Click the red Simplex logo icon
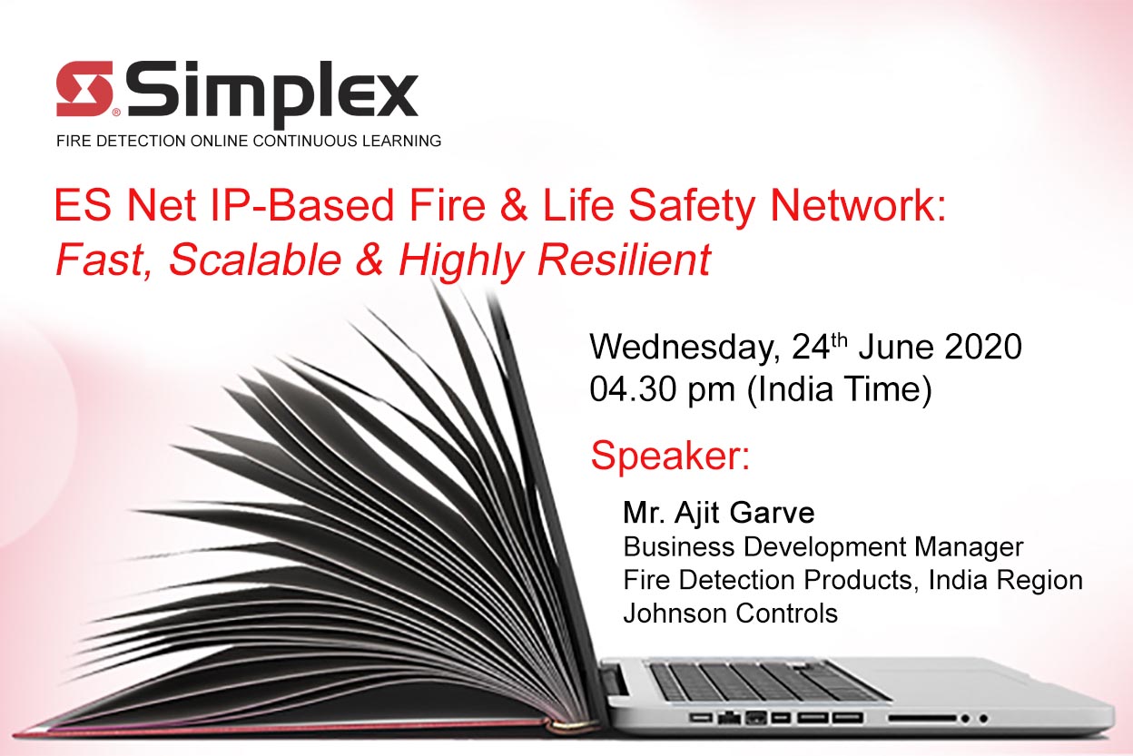click(x=84, y=89)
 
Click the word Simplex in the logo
click(x=272, y=94)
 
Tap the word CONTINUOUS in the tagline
click(x=304, y=141)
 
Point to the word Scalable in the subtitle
click(x=255, y=260)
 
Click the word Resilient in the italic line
click(x=625, y=260)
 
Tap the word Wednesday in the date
click(x=685, y=348)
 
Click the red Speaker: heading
click(x=670, y=457)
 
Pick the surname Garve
click(x=772, y=513)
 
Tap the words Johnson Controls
click(x=731, y=614)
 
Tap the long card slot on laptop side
click(x=922, y=718)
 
